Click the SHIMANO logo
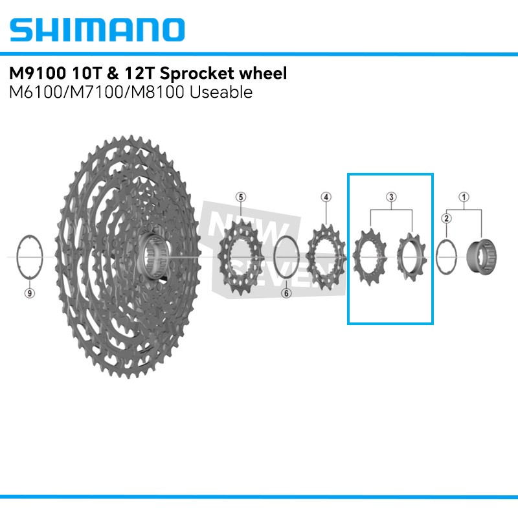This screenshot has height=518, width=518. [98, 29]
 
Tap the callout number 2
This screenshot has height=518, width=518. [446, 218]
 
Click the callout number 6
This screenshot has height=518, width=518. [286, 293]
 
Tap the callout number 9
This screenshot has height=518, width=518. [28, 293]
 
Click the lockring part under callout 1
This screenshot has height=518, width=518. [482, 257]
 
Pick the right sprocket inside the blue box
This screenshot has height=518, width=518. [412, 258]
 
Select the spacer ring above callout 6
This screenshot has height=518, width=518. [286, 257]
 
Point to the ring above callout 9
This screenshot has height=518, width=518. [28, 257]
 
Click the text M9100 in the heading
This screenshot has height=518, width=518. [38, 73]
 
